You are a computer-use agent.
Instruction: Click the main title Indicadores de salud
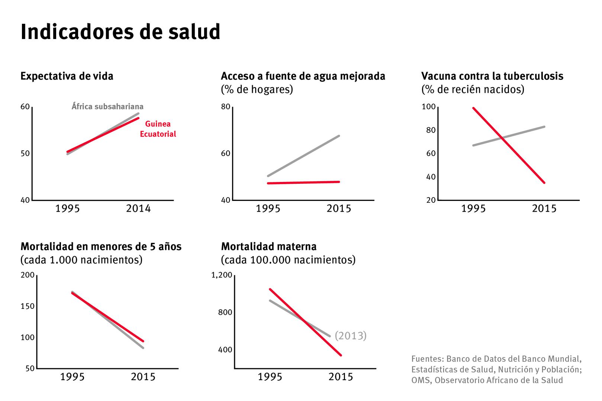click(x=120, y=32)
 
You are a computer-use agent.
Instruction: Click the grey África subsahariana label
click(x=107, y=107)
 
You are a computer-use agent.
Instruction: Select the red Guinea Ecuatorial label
click(x=158, y=129)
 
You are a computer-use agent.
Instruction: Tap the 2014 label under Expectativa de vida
click(x=138, y=209)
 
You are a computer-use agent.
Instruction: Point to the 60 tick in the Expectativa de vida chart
click(x=25, y=107)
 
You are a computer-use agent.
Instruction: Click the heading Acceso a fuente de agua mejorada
click(x=303, y=76)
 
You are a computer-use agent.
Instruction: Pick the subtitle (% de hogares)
click(x=257, y=89)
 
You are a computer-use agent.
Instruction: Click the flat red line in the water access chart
click(x=303, y=182)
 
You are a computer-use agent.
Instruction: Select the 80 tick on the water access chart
click(x=226, y=107)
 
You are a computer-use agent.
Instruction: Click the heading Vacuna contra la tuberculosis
click(x=492, y=76)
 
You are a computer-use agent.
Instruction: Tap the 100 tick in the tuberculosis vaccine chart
click(x=428, y=107)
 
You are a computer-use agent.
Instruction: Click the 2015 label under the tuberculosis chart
click(x=544, y=209)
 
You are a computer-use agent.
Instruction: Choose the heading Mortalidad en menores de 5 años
click(x=101, y=247)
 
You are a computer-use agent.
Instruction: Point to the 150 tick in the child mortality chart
click(x=28, y=306)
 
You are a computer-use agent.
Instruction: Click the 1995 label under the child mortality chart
click(x=73, y=377)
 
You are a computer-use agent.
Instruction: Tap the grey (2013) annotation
click(x=350, y=336)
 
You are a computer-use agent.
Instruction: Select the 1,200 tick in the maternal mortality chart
click(x=222, y=275)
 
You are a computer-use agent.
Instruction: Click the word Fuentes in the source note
click(x=427, y=359)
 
